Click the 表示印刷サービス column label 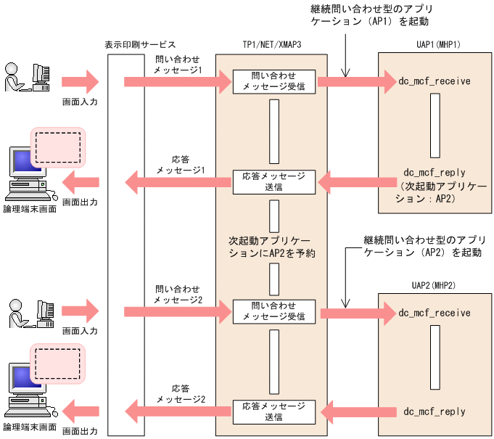click(140, 45)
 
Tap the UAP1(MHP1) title click(434, 45)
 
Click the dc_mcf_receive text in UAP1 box click(435, 81)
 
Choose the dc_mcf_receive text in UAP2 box click(435, 313)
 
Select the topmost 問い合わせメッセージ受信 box click(273, 81)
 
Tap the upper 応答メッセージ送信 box click(273, 181)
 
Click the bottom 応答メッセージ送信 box click(273, 411)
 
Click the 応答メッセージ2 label click(178, 393)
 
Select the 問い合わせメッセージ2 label click(178, 294)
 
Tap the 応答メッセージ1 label click(178, 163)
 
